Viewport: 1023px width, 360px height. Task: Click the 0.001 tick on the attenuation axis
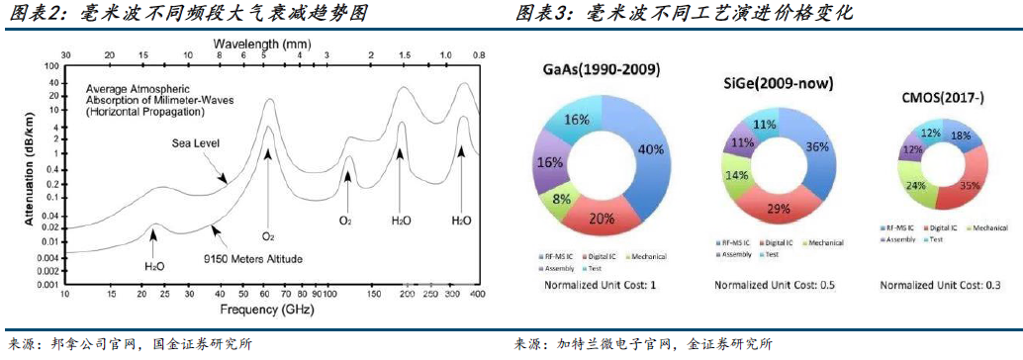[x=45, y=284]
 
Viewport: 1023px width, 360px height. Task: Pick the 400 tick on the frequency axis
[x=477, y=295]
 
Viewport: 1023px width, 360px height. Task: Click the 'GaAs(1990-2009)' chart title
[x=602, y=69]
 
